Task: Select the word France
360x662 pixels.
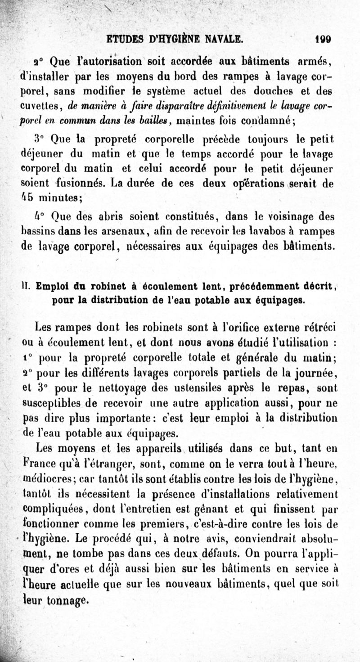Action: pos(39,463)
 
